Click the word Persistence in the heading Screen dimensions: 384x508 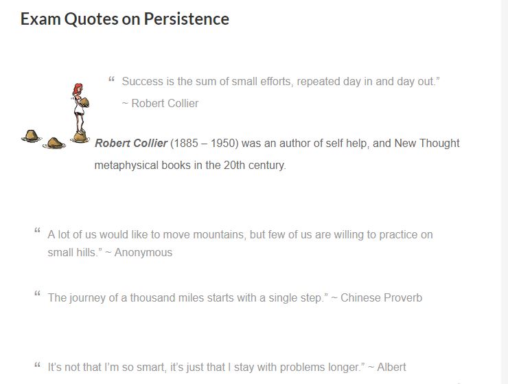(186, 19)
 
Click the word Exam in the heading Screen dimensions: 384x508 (40, 19)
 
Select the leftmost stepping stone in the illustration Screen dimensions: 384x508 (31, 135)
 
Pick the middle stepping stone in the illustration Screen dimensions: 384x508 (54, 143)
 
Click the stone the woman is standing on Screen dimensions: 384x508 (79, 137)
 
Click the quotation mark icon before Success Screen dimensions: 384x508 (111, 80)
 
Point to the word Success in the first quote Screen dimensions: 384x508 (143, 81)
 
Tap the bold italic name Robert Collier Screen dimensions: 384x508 (130, 143)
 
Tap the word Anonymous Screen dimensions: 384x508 (143, 252)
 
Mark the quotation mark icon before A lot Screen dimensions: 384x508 (37, 233)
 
